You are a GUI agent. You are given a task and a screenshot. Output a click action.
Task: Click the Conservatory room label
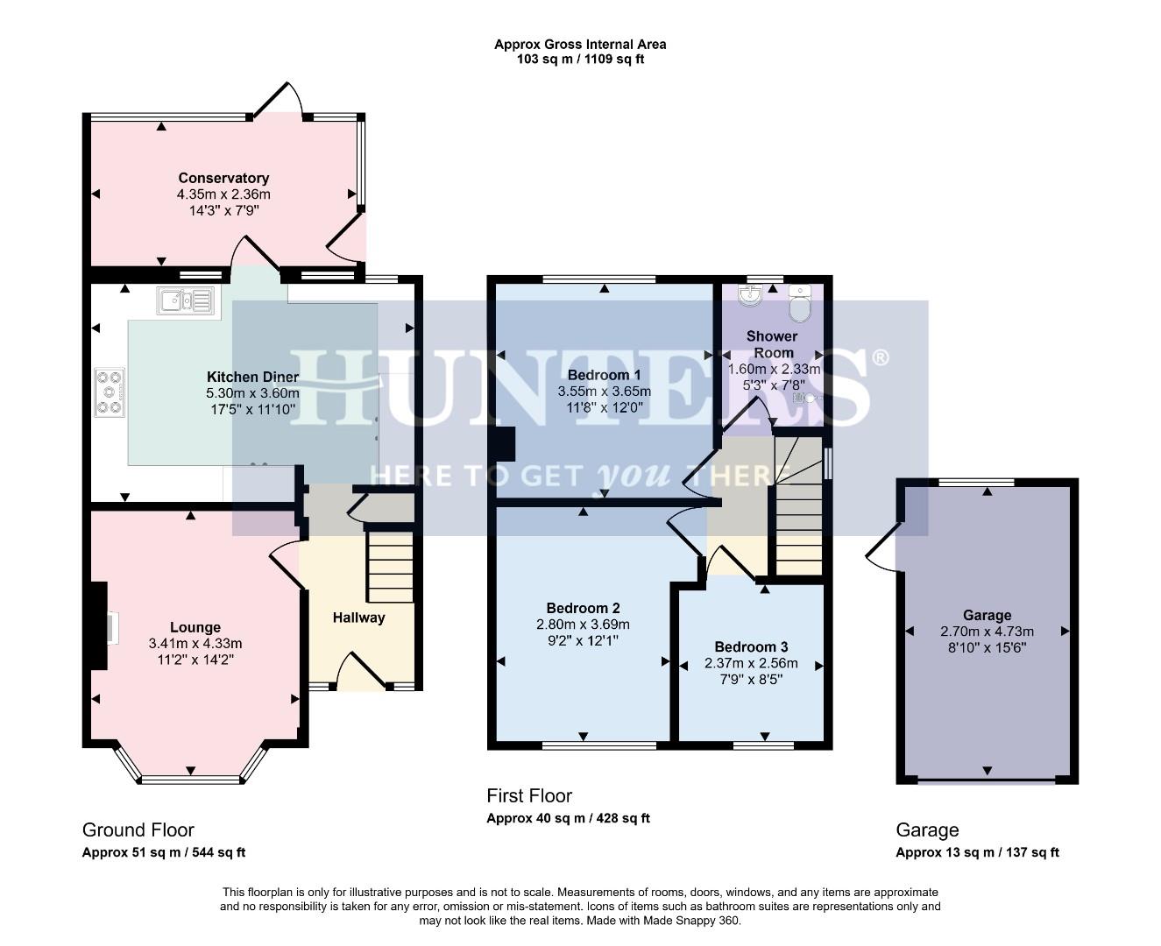(223, 178)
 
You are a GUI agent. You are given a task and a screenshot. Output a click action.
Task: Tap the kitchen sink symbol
(185, 300)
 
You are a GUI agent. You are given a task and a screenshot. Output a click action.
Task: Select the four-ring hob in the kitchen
(110, 392)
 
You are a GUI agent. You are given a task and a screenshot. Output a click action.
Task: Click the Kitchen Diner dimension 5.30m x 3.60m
(252, 393)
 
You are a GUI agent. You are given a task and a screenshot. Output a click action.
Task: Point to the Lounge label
(195, 627)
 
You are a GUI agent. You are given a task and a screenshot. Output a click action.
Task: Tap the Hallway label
(358, 618)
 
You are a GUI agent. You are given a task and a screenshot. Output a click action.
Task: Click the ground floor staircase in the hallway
(389, 567)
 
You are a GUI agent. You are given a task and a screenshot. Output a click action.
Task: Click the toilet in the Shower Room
(800, 303)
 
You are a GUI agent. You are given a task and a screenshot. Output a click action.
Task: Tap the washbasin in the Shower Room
(750, 298)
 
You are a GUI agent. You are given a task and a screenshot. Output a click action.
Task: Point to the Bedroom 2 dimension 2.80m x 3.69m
(583, 625)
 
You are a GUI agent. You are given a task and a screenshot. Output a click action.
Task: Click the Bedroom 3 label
(751, 647)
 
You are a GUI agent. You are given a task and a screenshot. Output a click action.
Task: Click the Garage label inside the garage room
(987, 615)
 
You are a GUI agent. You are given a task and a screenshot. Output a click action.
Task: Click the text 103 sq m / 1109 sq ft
(580, 60)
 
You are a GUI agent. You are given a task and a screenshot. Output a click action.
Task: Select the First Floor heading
(529, 795)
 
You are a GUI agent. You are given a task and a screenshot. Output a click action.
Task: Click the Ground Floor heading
(138, 830)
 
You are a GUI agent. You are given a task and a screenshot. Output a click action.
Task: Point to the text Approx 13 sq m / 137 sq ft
(977, 852)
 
